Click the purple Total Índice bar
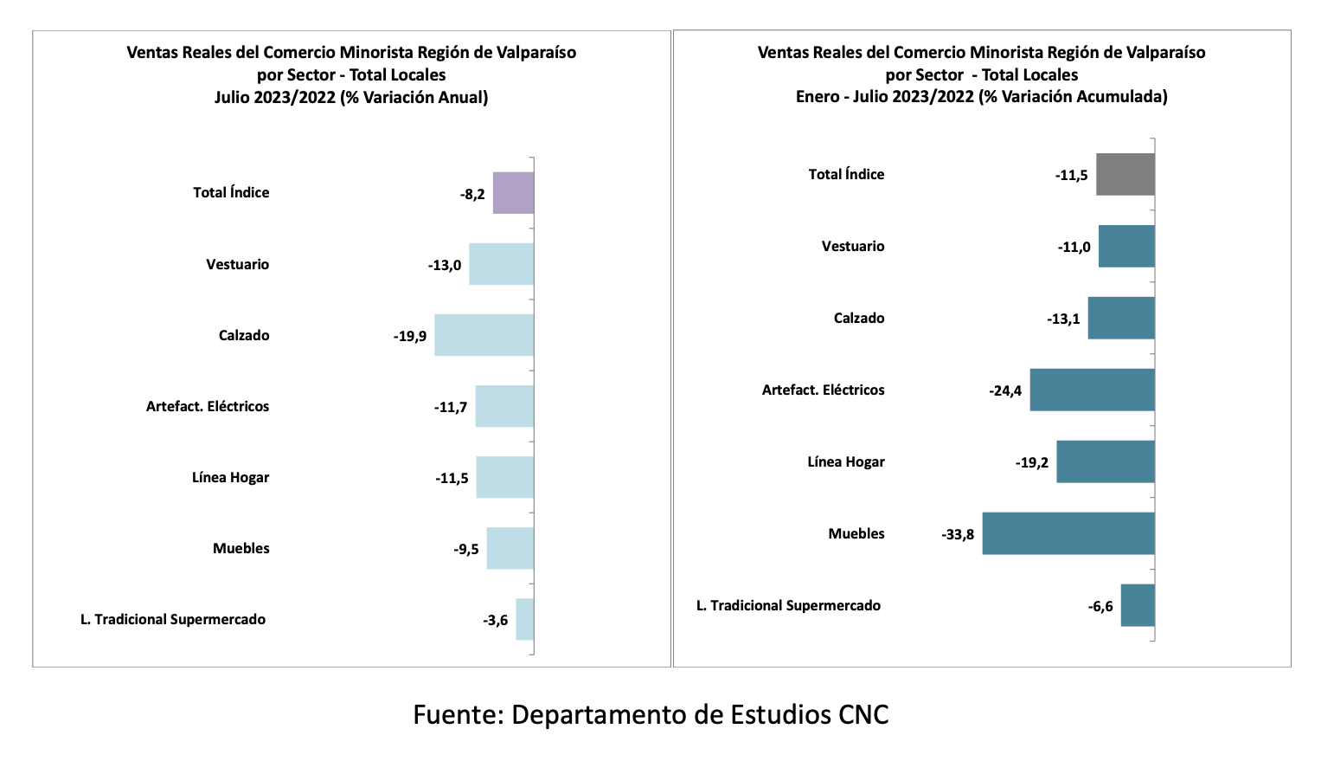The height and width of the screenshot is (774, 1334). (513, 193)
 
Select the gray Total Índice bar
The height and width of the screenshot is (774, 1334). (1125, 174)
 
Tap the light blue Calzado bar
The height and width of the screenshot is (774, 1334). (484, 335)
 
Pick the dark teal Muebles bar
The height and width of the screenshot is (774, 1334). (1068, 533)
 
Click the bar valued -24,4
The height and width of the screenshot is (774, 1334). (1092, 390)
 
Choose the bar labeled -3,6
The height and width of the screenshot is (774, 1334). (524, 619)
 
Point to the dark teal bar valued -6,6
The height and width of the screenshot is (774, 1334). (1137, 605)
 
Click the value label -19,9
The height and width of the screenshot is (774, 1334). (410, 336)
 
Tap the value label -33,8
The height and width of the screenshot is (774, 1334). (958, 534)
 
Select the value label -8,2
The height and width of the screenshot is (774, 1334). (472, 194)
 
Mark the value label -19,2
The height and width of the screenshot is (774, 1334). (1032, 462)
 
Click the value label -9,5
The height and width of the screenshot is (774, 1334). (466, 549)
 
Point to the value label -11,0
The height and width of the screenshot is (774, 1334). (1074, 247)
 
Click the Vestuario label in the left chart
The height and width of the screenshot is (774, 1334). (237, 264)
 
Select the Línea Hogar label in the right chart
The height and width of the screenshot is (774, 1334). (845, 461)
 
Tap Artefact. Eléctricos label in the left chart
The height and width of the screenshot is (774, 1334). (207, 406)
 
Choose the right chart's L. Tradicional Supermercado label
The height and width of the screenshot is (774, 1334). (788, 605)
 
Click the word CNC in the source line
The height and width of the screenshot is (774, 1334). (863, 714)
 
